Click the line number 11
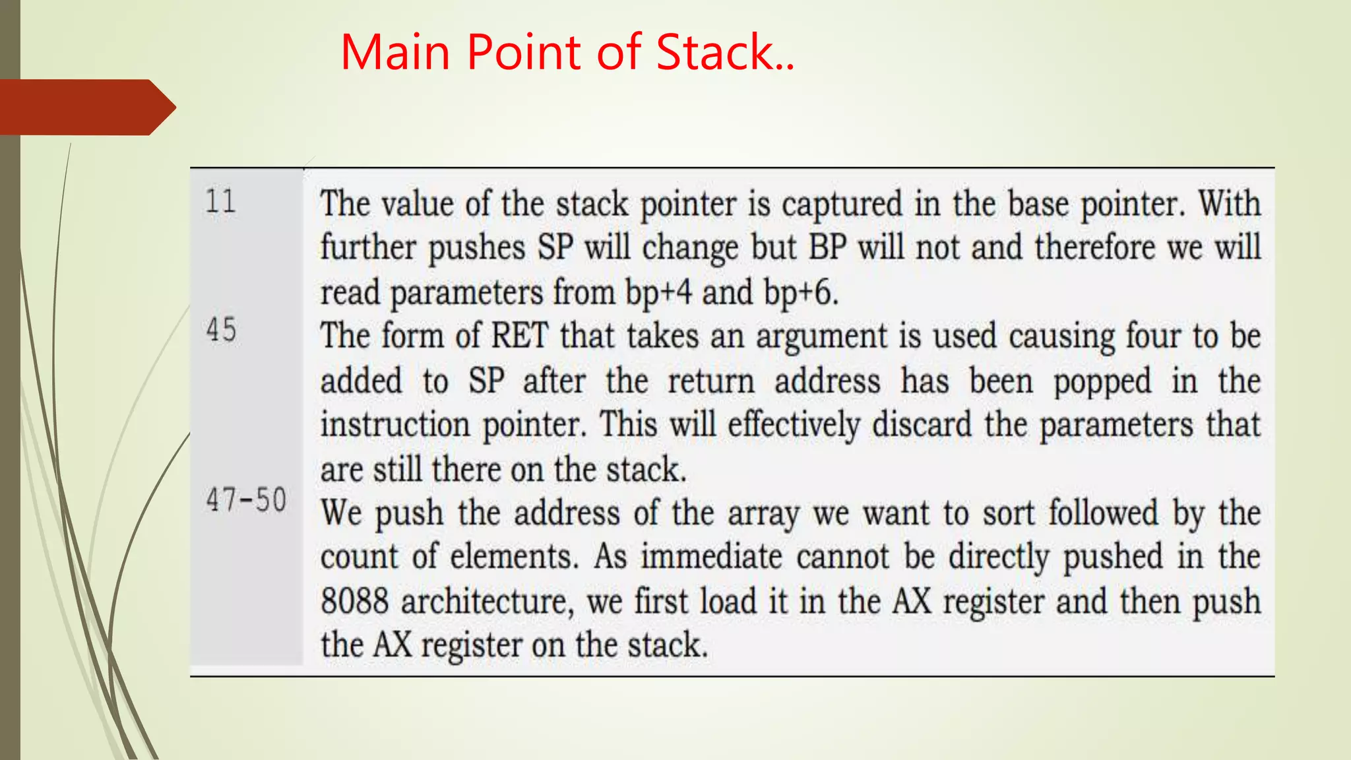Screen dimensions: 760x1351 (x=220, y=201)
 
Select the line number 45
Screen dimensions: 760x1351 (x=221, y=330)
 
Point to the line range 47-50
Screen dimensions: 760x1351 (x=246, y=499)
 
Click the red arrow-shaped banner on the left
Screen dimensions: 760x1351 (x=86, y=107)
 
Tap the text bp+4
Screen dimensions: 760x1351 (x=658, y=292)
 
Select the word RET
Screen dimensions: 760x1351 (x=520, y=336)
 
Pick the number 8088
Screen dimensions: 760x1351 (x=354, y=601)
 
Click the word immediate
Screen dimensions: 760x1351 (x=711, y=557)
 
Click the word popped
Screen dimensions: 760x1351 (x=1102, y=382)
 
